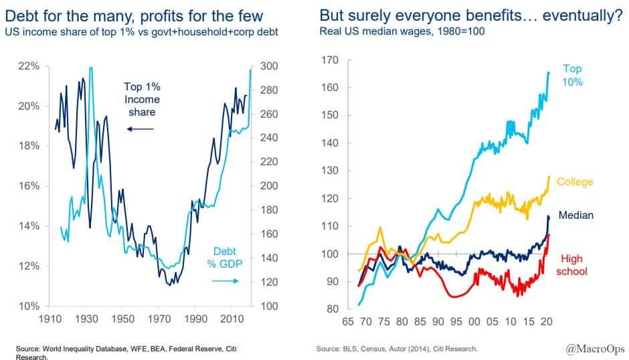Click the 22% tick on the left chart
click(x=30, y=66)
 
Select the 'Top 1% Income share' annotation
click(x=142, y=99)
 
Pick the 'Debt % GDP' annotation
click(x=221, y=258)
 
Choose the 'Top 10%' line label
click(x=572, y=75)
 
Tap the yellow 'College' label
click(x=575, y=182)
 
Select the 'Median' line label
click(x=575, y=215)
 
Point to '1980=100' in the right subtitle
click(x=465, y=31)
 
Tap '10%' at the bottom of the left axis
click(x=30, y=306)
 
